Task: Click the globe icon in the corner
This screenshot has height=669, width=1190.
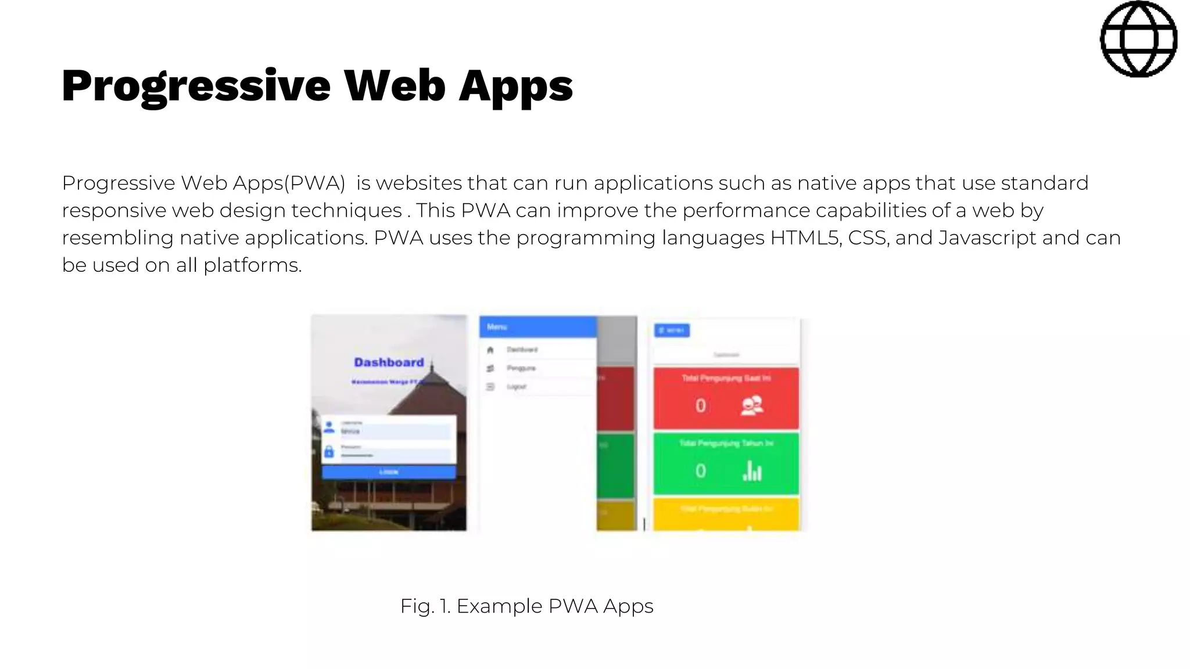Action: point(1138,39)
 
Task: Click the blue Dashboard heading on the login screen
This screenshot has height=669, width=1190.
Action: point(389,362)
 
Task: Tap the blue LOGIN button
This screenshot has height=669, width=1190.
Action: point(389,472)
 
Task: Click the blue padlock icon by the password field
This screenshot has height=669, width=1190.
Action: point(329,451)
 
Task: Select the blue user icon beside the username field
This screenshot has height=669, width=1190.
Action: point(329,427)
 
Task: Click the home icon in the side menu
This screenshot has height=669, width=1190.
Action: point(490,350)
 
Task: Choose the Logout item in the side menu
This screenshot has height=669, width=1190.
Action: point(516,387)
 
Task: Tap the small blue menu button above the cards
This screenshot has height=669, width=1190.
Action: point(672,330)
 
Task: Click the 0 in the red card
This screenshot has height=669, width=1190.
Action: point(701,405)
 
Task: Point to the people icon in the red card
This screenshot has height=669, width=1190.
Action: point(752,405)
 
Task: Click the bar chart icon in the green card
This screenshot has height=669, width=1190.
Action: point(752,471)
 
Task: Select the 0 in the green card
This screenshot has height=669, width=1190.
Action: point(701,471)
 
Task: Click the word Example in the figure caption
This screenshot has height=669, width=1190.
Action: point(499,606)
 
